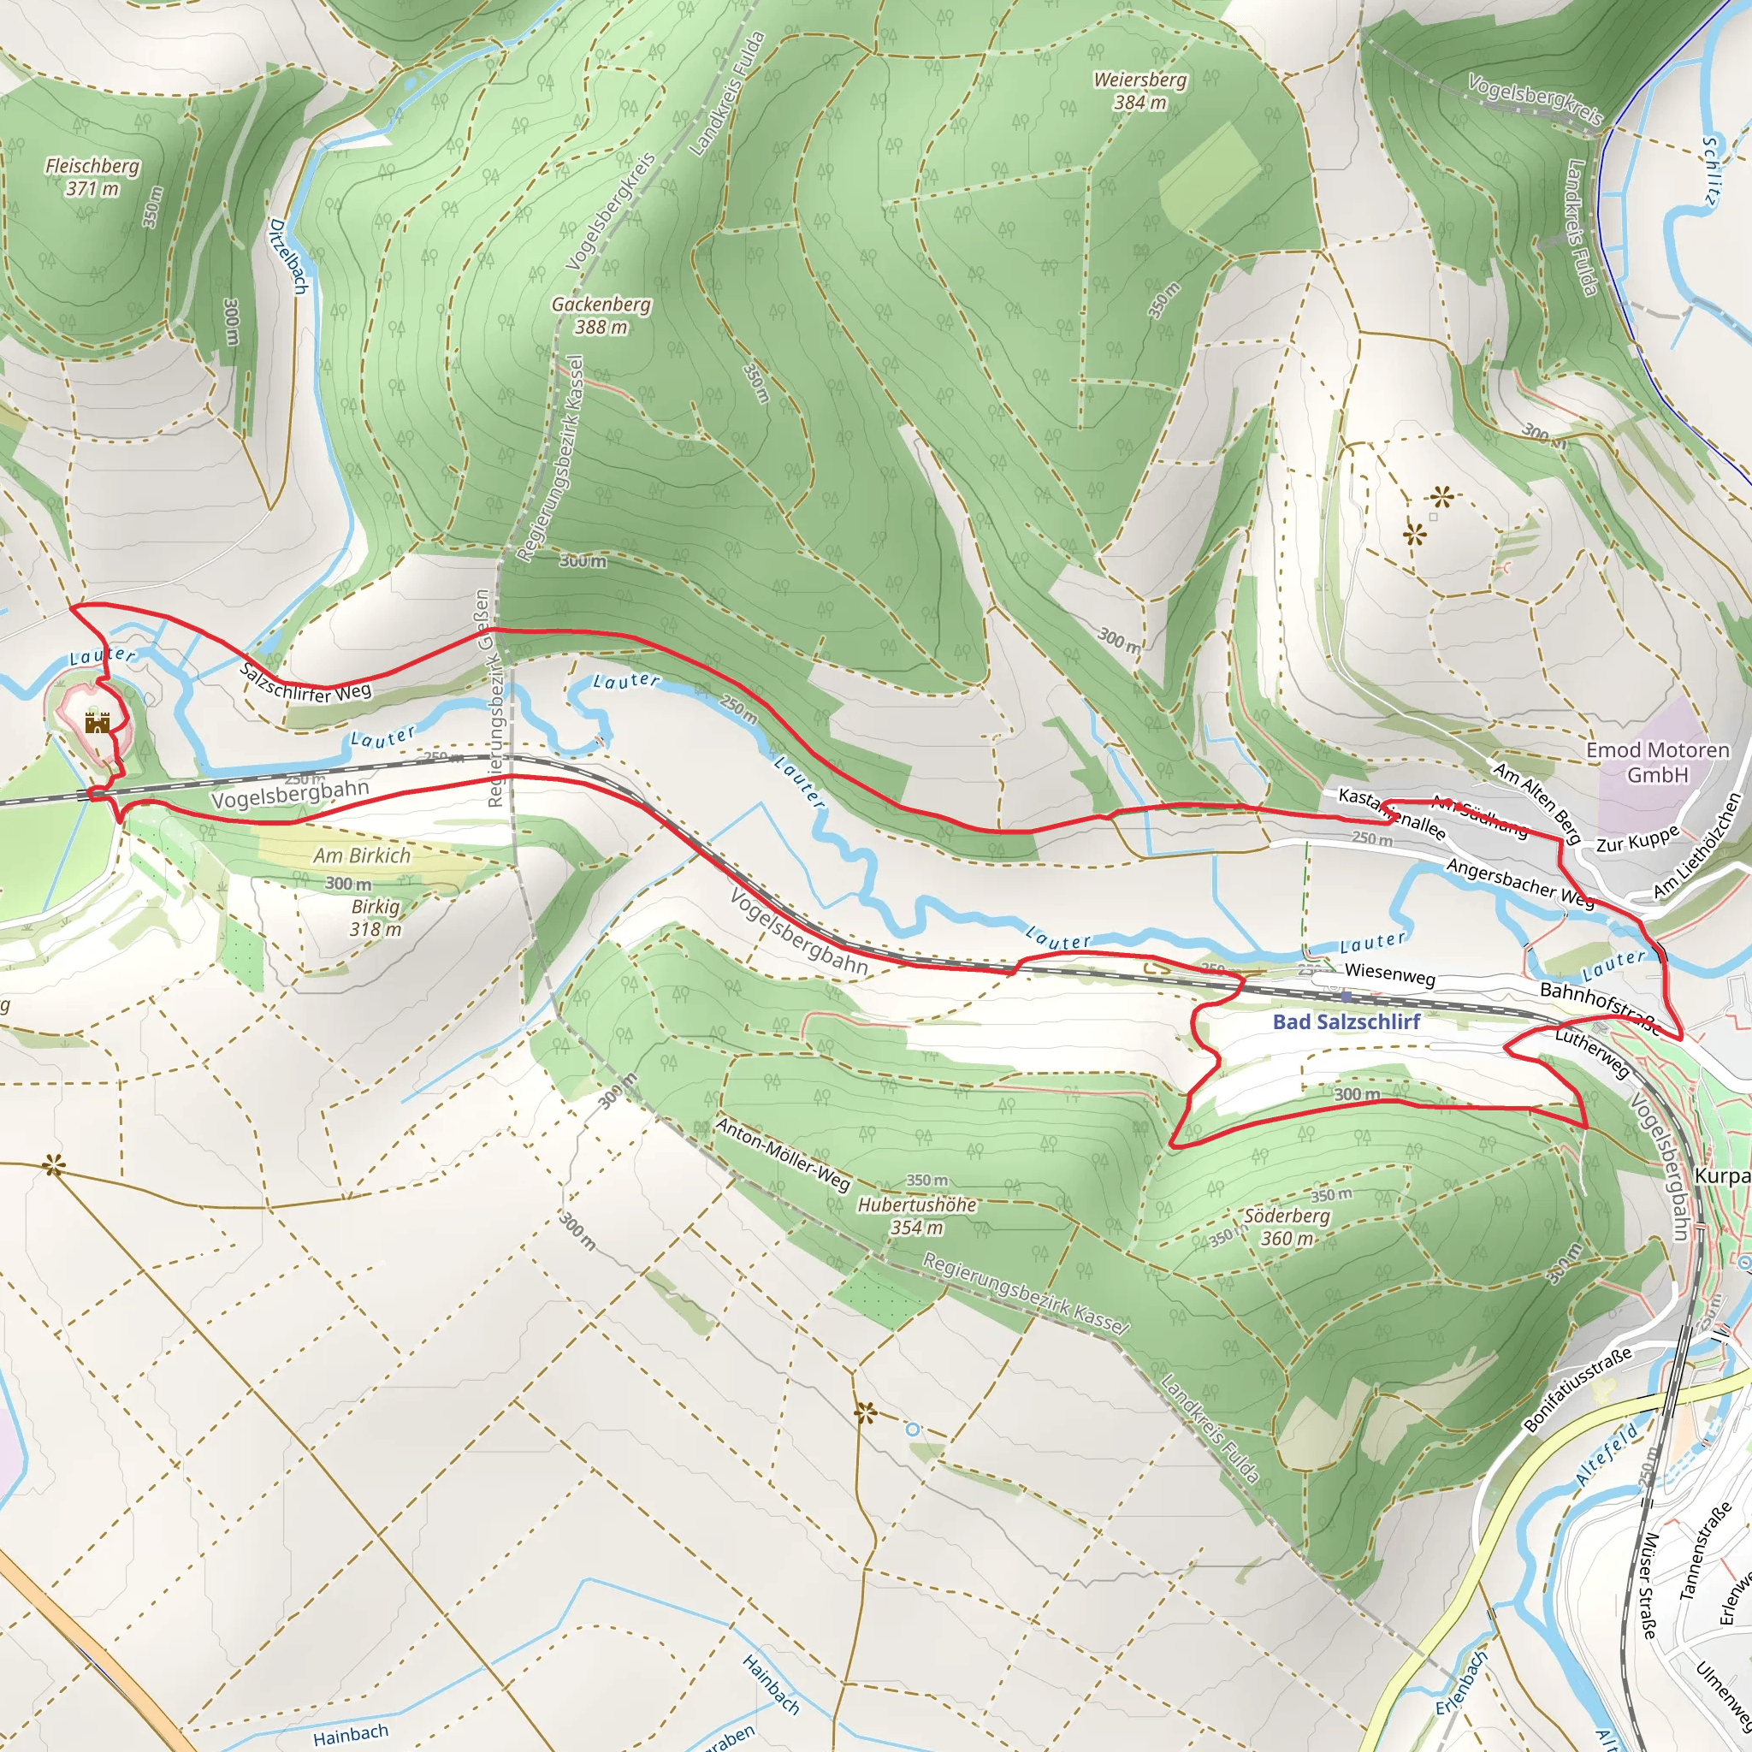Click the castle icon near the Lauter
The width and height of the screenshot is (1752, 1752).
tap(97, 723)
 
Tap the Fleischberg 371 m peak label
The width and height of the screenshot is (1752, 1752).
tap(92, 177)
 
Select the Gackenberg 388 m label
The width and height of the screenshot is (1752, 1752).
tap(601, 315)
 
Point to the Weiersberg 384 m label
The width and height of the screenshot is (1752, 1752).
tap(1139, 91)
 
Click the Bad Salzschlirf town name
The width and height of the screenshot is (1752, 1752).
tap(1346, 1022)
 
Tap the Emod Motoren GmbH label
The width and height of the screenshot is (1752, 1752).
tap(1658, 761)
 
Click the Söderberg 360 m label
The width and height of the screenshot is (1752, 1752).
tap(1287, 1227)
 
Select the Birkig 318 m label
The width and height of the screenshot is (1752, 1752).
tap(376, 918)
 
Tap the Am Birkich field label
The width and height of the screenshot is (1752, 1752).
tap(362, 855)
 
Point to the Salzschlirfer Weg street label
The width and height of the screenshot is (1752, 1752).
tap(305, 682)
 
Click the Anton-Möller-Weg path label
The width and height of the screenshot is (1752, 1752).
tap(784, 1153)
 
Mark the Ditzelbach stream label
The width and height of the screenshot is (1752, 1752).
tap(288, 256)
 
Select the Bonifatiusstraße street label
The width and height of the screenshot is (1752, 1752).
tap(1577, 1389)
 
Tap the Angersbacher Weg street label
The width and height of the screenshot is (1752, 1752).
tap(1520, 882)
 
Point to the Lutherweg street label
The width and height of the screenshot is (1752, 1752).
tap(1592, 1054)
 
